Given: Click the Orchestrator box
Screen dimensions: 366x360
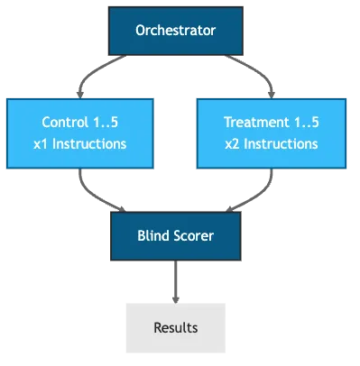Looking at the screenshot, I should pos(176,32).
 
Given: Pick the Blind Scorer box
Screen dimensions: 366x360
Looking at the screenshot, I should pos(176,236).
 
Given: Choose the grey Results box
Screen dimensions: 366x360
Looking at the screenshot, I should pos(176,327).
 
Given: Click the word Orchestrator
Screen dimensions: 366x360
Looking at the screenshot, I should pos(176,32).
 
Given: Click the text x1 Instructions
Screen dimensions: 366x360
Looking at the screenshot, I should pos(84,143).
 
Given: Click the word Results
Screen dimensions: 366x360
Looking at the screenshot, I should pos(176,327).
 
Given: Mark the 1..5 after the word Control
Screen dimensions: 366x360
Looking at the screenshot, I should pos(109,122).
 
